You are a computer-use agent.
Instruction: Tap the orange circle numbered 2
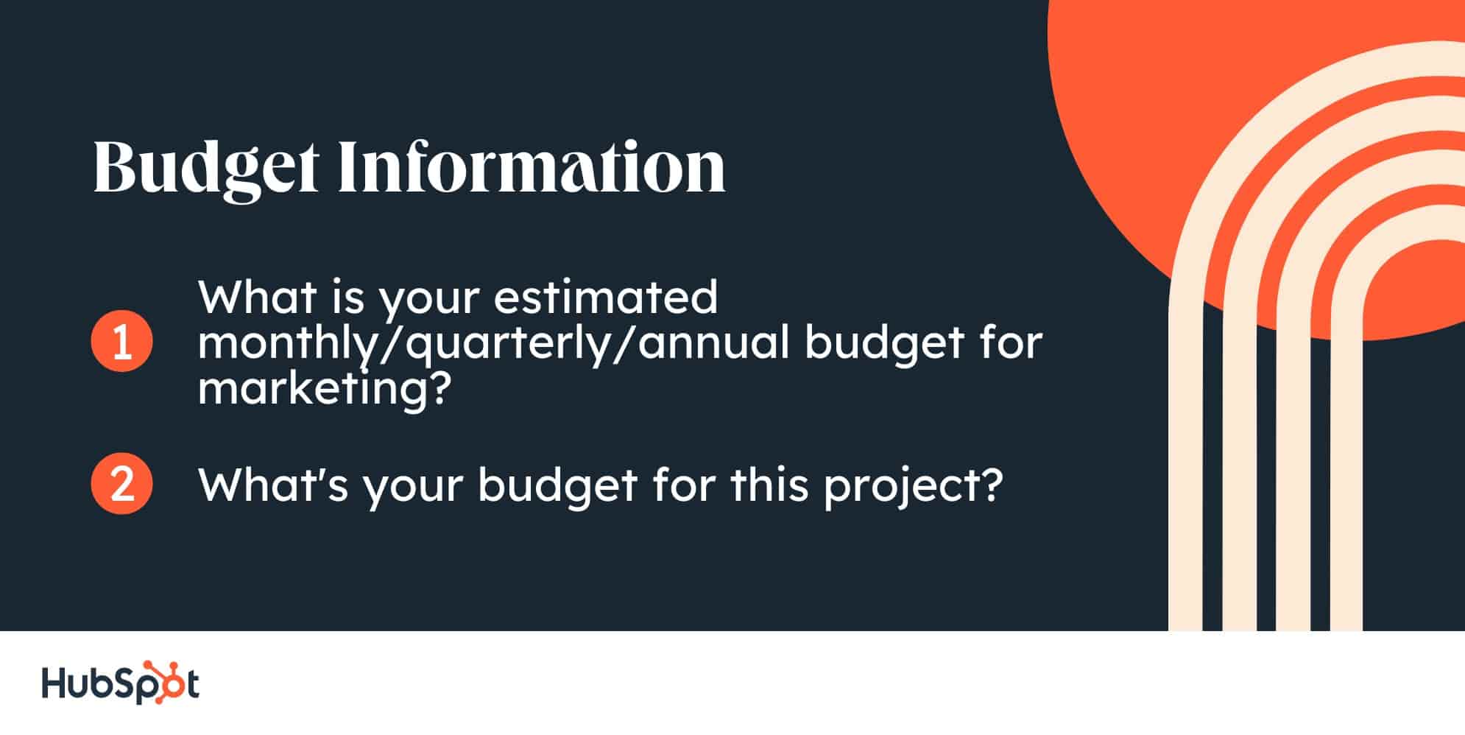[121, 483]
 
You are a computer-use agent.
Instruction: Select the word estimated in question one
[606, 297]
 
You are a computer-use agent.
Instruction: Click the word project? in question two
[913, 486]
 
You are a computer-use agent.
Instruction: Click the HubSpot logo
[120, 683]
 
